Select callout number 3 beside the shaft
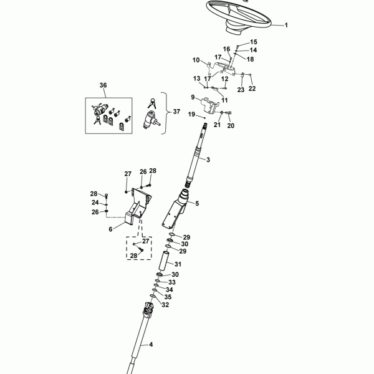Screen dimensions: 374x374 point(208,160)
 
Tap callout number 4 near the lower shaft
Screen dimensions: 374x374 point(150,345)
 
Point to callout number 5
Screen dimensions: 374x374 point(196,203)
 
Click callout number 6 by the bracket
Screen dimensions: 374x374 point(110,229)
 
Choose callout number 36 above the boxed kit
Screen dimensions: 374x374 point(103,85)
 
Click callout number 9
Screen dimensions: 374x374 point(193,97)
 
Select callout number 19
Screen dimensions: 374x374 point(192,114)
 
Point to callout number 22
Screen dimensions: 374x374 point(252,88)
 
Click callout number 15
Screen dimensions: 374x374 point(236,42)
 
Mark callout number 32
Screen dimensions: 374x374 point(165,305)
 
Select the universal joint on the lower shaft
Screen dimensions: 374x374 point(148,310)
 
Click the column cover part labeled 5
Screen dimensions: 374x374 point(174,212)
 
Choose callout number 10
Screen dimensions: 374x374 point(196,60)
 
